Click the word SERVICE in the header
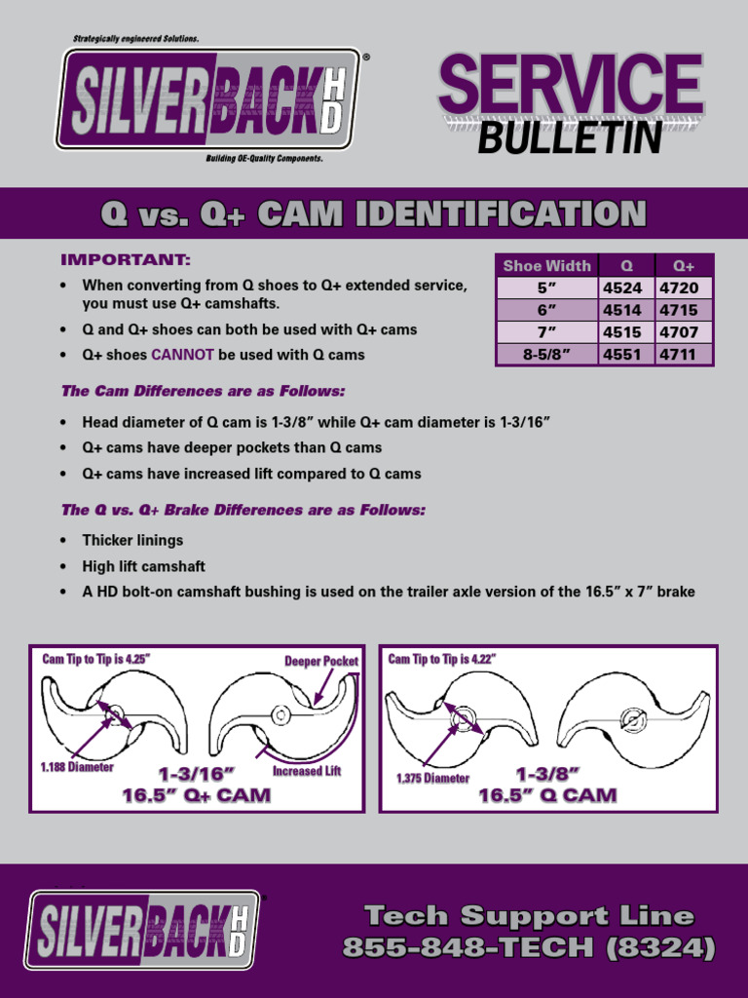[571, 86]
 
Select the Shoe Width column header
[546, 266]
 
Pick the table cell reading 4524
[622, 288]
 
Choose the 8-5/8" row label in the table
[546, 355]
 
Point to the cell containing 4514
[622, 310]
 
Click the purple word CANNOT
[182, 355]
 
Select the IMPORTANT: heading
[126, 260]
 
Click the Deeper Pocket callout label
[321, 662]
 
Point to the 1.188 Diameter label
[77, 767]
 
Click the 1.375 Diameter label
[432, 779]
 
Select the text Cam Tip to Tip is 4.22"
[442, 660]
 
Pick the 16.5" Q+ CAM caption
[197, 795]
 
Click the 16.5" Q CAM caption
[547, 795]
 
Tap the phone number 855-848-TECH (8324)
[529, 946]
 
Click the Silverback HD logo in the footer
[142, 930]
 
